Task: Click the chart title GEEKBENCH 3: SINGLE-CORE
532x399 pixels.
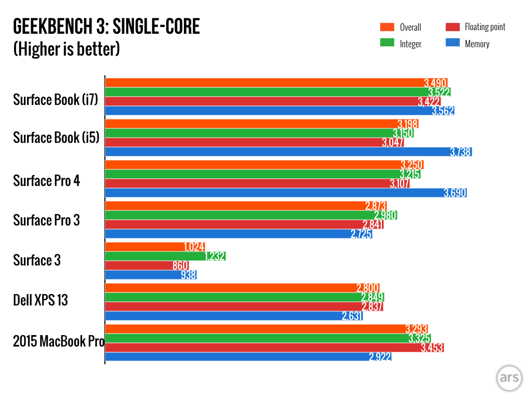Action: pos(106,26)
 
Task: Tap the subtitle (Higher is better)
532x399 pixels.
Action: pos(66,49)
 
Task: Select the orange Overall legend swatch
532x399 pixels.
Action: pos(388,28)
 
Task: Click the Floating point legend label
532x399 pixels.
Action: pos(485,27)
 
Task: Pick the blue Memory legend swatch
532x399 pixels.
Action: pos(453,44)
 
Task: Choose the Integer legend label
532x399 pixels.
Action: pos(410,44)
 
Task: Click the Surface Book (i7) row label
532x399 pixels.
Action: pos(55,100)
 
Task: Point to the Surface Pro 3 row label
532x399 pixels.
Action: pos(46,220)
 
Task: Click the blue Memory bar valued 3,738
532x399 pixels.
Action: pos(288,152)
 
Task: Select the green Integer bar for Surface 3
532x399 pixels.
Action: pos(165,256)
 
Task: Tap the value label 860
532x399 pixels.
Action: pos(180,265)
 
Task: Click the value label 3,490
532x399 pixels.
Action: pos(435,83)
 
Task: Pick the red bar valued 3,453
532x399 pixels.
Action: pos(274,347)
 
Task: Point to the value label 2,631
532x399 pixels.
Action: pos(352,316)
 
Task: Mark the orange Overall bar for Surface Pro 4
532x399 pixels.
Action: pos(264,165)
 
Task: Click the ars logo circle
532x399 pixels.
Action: pos(508,378)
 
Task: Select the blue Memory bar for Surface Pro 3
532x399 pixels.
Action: pos(238,234)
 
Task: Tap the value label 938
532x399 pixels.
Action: pos(188,275)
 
